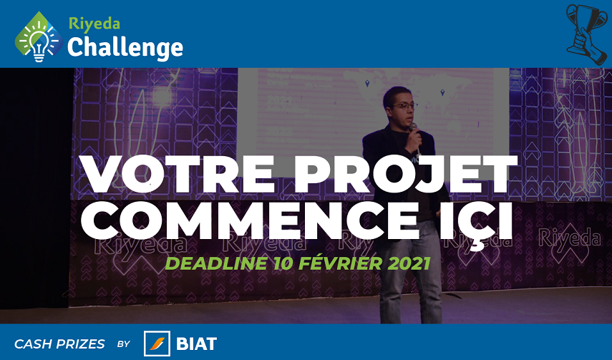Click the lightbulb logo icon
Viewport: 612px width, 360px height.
[39, 37]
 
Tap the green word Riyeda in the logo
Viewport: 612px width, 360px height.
[94, 24]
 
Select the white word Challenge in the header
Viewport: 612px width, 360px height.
[125, 48]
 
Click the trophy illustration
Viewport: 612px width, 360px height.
[587, 34]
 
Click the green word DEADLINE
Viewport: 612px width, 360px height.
[216, 263]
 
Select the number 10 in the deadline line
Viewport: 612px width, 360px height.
[283, 263]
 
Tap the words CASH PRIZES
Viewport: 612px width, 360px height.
[59, 344]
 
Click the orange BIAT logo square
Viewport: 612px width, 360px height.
[157, 344]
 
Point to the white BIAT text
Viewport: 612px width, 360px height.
[196, 344]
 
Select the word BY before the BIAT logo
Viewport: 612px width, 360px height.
[124, 344]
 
